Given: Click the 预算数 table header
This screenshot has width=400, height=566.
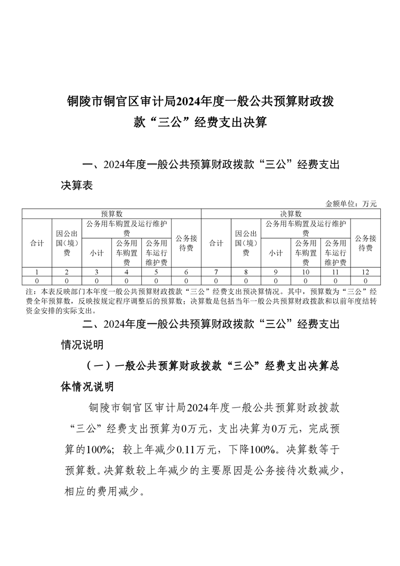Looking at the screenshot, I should point(111,214).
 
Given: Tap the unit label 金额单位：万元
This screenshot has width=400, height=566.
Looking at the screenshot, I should point(352,204).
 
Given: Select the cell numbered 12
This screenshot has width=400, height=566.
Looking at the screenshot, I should point(365,272).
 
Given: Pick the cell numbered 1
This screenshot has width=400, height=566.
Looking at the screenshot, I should point(37,272).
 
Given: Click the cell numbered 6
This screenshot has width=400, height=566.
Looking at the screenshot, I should point(186,272).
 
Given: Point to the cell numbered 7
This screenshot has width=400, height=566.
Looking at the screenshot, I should point(216,272).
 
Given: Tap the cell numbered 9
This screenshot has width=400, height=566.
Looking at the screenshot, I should point(276,272).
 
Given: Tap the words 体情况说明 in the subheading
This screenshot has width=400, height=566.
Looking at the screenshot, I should point(87,387).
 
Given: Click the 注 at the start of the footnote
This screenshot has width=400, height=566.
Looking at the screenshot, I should point(28,292).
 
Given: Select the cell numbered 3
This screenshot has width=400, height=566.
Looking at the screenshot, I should point(97,272).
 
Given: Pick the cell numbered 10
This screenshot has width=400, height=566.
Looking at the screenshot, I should point(306,272).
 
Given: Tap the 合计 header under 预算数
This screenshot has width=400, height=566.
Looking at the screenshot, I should point(37,243).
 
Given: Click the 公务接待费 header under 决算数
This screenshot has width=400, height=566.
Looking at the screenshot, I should point(365,243).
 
